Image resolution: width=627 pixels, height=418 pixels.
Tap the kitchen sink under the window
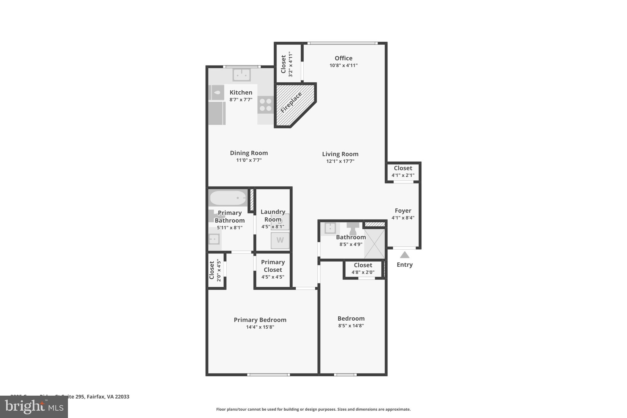(x=242, y=74)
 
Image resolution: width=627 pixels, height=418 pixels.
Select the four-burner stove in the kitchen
(x=265, y=104)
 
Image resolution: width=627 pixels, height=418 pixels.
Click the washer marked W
(x=280, y=240)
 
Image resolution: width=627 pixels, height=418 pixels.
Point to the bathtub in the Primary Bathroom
(x=228, y=198)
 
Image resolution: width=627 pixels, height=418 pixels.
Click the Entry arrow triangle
(x=404, y=255)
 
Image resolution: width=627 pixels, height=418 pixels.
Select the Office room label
(x=343, y=58)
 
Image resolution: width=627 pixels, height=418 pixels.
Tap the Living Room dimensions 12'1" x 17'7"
(x=340, y=161)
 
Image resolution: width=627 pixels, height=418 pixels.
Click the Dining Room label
(x=249, y=153)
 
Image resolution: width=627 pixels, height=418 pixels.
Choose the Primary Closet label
(x=273, y=266)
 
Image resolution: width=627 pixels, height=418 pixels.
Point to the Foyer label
(x=403, y=211)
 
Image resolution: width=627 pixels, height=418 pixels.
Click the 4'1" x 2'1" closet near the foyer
(x=403, y=171)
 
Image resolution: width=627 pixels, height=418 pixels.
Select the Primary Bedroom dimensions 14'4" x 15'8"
(x=260, y=327)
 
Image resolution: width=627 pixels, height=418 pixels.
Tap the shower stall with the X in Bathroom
(x=374, y=244)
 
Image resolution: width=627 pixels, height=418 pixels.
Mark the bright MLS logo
(x=34, y=407)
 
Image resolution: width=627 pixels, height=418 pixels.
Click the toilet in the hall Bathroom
(x=353, y=228)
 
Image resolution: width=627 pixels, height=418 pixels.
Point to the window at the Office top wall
(x=342, y=43)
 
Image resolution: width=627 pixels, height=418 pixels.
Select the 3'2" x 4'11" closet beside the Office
(x=287, y=64)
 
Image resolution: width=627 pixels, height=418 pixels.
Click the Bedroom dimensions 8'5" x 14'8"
(x=351, y=326)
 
